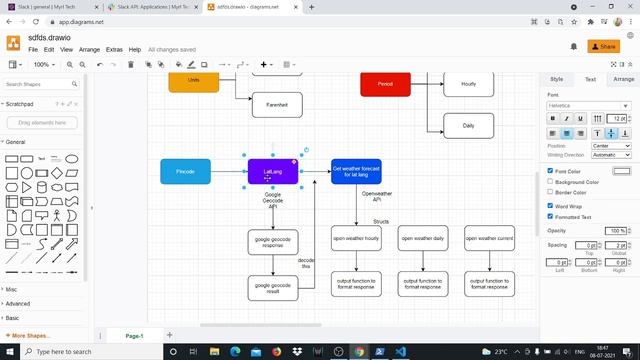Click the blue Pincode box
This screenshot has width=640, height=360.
pyautogui.click(x=185, y=171)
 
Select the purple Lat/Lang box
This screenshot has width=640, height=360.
pyautogui.click(x=273, y=171)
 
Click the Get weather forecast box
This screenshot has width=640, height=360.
pyautogui.click(x=356, y=171)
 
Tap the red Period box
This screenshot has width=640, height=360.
pyautogui.click(x=385, y=84)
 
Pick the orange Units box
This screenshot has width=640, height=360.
pyautogui.click(x=193, y=81)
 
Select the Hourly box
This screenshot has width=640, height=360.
pyautogui.click(x=468, y=84)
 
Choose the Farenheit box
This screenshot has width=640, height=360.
pyautogui.click(x=277, y=104)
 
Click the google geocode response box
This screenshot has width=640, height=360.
pyautogui.click(x=273, y=242)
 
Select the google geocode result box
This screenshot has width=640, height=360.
pyautogui.click(x=273, y=287)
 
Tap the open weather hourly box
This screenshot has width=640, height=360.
pyautogui.click(x=356, y=239)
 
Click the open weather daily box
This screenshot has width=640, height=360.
pyautogui.click(x=423, y=239)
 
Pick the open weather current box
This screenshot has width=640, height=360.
pyautogui.click(x=490, y=239)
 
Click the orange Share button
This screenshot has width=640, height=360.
pyautogui.click(x=604, y=46)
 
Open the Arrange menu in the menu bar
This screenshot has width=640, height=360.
pyautogui.click(x=89, y=49)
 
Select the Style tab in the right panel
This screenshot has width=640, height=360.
pyautogui.click(x=557, y=78)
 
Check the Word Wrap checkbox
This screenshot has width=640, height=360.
pyautogui.click(x=550, y=205)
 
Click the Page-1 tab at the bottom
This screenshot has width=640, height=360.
pyautogui.click(x=134, y=336)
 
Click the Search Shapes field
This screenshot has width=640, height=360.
pyautogui.click(x=40, y=84)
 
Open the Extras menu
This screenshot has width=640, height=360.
pyautogui.click(x=114, y=49)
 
